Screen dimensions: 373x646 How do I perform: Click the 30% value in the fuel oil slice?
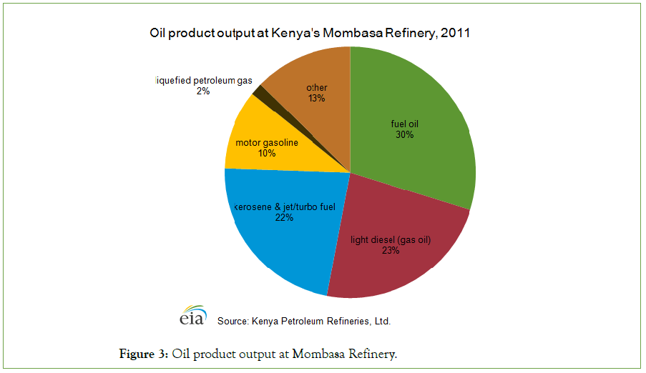[404, 134]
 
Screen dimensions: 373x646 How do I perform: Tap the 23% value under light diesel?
[391, 251]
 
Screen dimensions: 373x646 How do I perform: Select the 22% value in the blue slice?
[284, 218]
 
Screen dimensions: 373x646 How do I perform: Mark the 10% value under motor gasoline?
[266, 153]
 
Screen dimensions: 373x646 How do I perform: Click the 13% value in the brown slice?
[317, 98]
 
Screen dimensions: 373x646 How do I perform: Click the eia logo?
[192, 316]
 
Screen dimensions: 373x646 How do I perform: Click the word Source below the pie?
[232, 322]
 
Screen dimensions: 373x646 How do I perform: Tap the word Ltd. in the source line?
[381, 322]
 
